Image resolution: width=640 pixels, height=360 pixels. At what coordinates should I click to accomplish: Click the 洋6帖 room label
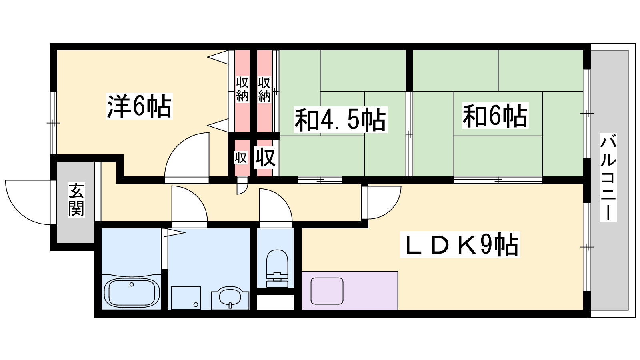[139, 106]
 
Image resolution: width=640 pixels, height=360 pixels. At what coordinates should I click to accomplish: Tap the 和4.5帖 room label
[340, 120]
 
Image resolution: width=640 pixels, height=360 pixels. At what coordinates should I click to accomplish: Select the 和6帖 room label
[495, 116]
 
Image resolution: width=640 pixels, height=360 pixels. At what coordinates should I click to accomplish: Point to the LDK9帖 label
[460, 245]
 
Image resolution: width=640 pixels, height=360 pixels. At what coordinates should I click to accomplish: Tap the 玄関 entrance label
[76, 200]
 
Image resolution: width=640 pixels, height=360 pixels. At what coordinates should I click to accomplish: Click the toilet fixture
[277, 268]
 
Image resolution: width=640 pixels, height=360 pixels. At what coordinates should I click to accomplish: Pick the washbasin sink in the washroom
[230, 298]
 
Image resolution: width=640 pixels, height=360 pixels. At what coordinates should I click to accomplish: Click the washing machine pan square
[186, 298]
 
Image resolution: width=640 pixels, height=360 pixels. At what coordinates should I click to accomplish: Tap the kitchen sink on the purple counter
[327, 291]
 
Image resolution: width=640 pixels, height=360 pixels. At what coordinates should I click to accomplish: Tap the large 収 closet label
[265, 157]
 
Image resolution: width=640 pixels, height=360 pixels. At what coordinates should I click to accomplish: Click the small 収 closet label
[241, 158]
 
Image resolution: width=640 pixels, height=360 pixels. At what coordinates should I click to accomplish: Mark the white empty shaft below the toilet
[276, 302]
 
